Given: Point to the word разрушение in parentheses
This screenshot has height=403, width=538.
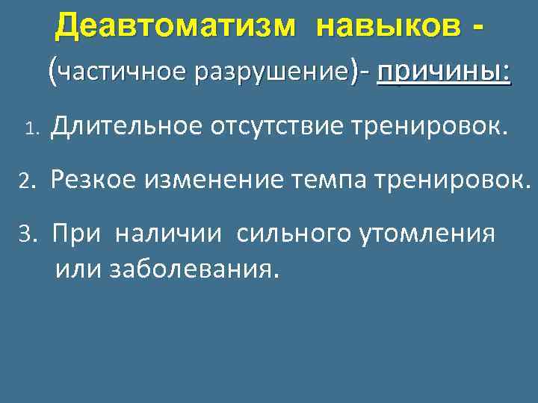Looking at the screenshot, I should point(271,73).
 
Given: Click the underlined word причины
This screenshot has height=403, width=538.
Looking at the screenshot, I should point(444,73).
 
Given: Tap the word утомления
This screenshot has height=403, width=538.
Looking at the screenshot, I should point(428,234).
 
